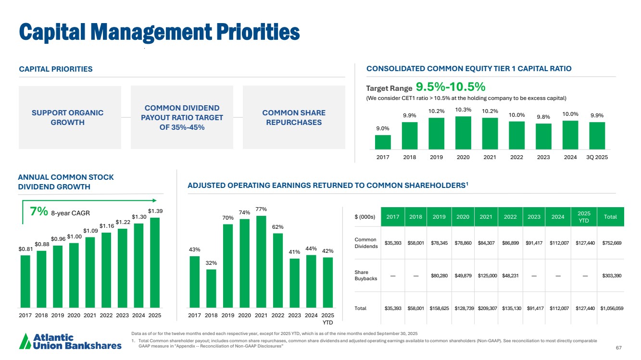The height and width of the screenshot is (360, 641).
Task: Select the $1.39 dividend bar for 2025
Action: point(155,262)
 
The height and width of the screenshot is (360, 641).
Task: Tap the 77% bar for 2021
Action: point(261,261)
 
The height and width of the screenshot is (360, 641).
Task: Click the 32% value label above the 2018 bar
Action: point(211,263)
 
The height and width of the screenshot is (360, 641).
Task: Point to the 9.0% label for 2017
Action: point(383,128)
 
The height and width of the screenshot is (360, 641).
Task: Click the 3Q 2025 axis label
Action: point(597,157)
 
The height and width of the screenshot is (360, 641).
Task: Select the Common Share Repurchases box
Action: point(294,117)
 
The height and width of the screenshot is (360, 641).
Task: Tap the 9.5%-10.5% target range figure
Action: point(451,87)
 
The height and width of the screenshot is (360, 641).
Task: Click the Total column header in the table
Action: point(610,217)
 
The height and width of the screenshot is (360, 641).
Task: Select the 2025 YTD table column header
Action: point(583,217)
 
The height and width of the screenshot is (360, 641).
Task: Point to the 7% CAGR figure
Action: point(38,211)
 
